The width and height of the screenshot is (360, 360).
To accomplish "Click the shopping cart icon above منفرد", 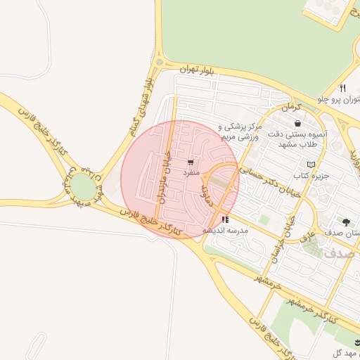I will click(x=191, y=162).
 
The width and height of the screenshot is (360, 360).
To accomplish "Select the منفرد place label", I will click(x=192, y=172).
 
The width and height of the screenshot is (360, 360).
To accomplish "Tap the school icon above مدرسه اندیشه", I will click(x=224, y=220).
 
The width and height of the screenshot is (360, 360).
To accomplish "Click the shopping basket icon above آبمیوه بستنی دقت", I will click(x=298, y=123).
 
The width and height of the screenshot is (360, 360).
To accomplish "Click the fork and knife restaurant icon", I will click(x=342, y=89).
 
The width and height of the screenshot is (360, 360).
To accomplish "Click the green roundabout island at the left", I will click(x=82, y=187).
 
